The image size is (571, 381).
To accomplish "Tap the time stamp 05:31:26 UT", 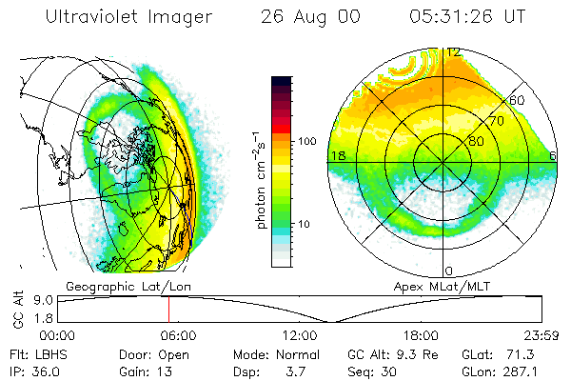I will (466, 17).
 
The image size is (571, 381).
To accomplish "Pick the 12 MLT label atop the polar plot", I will (453, 52).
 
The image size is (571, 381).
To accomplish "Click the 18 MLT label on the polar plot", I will (336, 156).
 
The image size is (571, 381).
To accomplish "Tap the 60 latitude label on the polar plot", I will (517, 99).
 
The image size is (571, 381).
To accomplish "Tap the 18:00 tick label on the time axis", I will (420, 335).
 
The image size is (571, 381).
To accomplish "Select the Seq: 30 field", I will (373, 370).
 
